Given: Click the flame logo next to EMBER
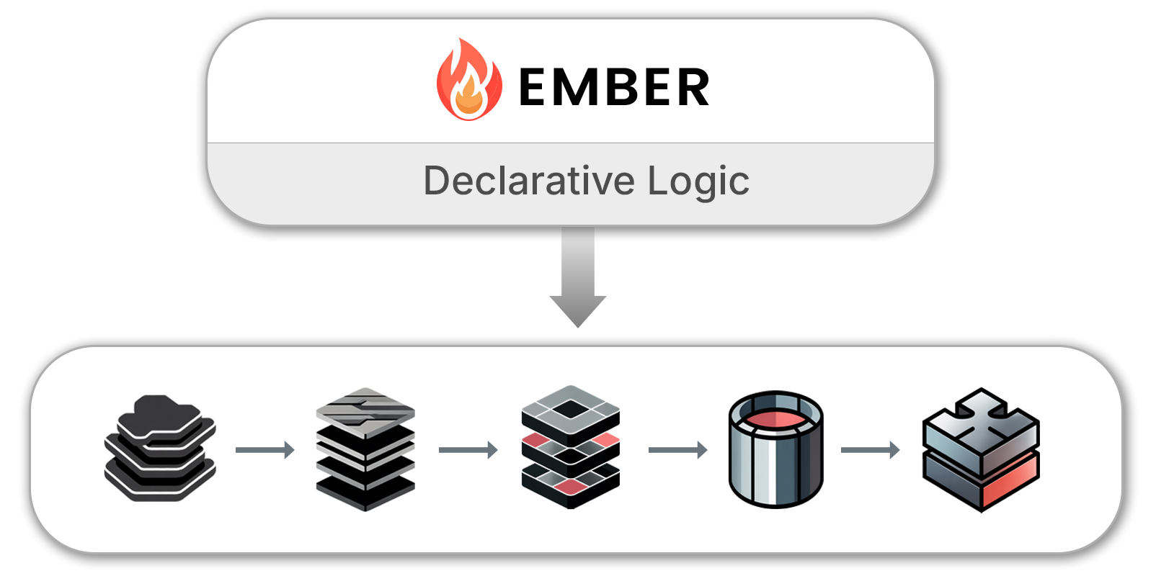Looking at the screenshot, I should [x=468, y=81].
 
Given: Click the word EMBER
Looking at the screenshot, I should [x=614, y=88].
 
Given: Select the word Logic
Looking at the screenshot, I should [x=698, y=181].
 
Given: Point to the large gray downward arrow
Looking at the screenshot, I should [x=578, y=277].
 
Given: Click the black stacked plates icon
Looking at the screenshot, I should [x=160, y=448].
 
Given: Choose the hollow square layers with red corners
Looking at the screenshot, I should [x=570, y=447].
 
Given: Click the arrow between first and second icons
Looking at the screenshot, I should [x=265, y=450].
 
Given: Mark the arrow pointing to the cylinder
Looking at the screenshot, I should [x=677, y=450].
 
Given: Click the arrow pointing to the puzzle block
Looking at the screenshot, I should [x=870, y=450].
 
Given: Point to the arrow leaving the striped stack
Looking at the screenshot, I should [x=468, y=450].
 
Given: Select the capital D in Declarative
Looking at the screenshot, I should [x=437, y=181].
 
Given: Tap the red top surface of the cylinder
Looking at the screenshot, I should [x=775, y=420].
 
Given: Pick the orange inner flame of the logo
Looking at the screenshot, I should [x=469, y=99].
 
